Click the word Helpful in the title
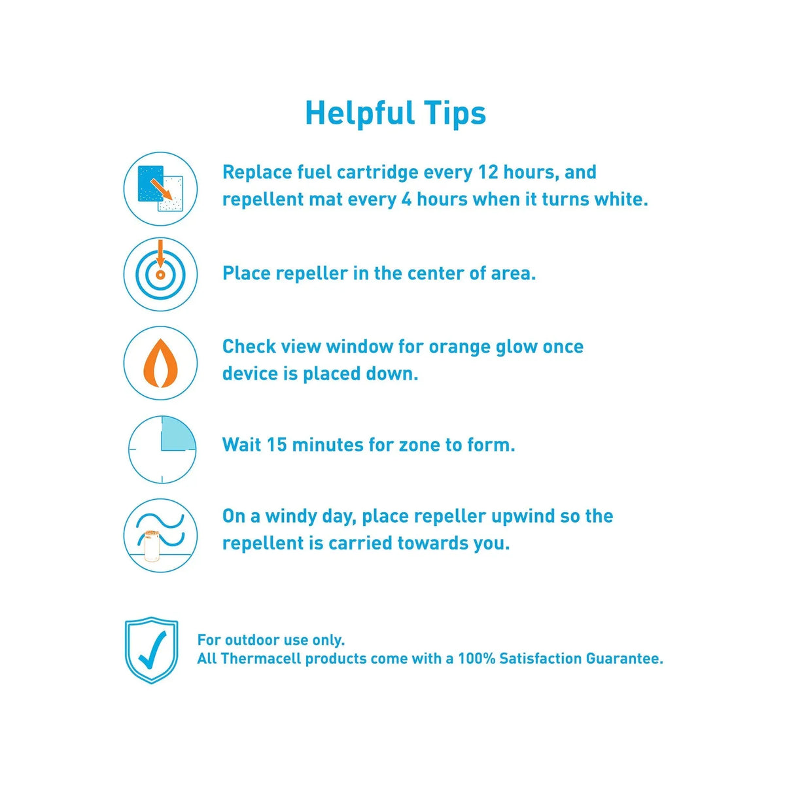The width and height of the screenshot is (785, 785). (359, 113)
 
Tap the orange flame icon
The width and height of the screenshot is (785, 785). (160, 363)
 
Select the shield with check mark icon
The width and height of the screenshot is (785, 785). (152, 650)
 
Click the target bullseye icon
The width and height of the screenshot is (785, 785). (160, 274)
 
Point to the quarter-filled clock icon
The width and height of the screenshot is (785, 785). (162, 449)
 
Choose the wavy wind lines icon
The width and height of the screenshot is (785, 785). (160, 535)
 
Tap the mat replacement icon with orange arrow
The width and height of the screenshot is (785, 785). (160, 188)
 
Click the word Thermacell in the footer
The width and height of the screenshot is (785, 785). (261, 659)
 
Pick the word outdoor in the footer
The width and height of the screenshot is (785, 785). (252, 640)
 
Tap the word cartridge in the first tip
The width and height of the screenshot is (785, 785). (377, 173)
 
